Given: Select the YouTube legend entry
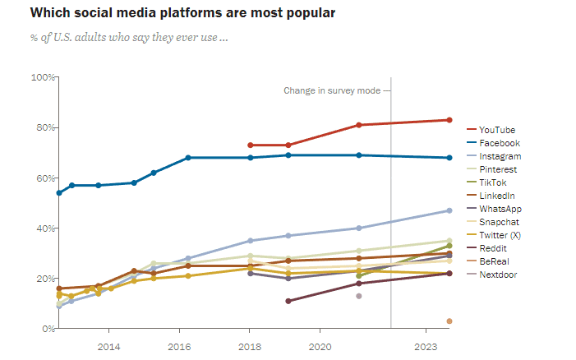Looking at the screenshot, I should point(496,130).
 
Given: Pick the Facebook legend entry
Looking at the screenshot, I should point(499,143).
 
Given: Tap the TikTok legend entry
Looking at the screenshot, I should point(494,182).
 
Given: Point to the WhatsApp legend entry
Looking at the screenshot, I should point(500,209).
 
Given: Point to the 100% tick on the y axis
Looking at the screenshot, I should point(42,77).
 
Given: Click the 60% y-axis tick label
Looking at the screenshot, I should point(43,178).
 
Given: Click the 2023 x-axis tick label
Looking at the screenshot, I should point(426,346).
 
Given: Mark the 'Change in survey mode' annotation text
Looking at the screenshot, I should point(332,90).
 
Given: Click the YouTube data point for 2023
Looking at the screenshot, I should point(449,120).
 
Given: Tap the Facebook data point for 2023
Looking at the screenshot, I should point(449,158).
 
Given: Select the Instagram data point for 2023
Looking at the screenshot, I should point(449,210).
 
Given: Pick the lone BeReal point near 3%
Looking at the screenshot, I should point(449,321).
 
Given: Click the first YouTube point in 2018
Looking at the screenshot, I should point(251,145).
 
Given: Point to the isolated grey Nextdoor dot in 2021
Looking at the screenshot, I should point(359,296).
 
